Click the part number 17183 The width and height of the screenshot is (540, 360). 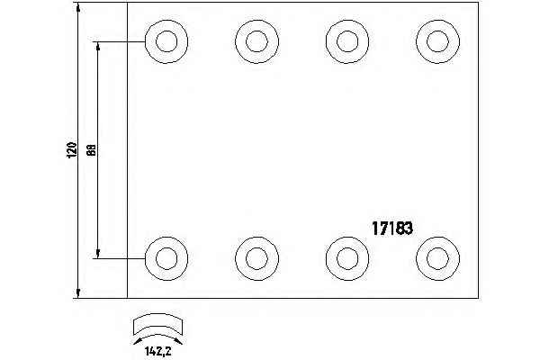pyautogui.click(x=392, y=229)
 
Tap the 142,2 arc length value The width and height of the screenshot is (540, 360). pyautogui.click(x=157, y=352)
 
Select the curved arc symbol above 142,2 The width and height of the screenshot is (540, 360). pyautogui.click(x=157, y=326)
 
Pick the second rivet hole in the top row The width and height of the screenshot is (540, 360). pyautogui.click(x=256, y=40)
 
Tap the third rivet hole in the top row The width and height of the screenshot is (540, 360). pyautogui.click(x=346, y=40)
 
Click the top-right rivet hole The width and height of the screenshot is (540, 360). pyautogui.click(x=437, y=40)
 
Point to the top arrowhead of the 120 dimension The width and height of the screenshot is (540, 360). pyautogui.click(x=80, y=8)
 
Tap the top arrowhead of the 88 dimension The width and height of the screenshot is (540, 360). pyautogui.click(x=98, y=46)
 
